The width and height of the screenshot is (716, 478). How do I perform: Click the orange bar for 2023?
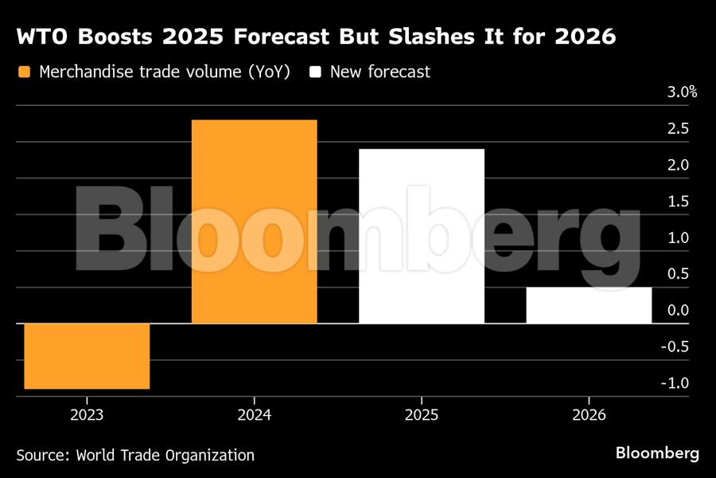[x=87, y=356]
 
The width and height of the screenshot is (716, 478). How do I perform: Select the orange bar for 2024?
[x=255, y=221]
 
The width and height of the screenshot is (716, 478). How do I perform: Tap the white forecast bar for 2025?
[x=422, y=236]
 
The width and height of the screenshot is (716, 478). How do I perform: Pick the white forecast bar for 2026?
[x=589, y=305]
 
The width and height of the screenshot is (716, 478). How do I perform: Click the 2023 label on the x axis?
[x=87, y=415]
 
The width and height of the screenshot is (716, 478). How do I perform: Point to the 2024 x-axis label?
[x=255, y=415]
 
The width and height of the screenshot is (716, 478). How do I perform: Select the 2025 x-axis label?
[x=422, y=415]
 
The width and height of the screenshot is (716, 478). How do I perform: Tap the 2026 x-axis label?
[x=589, y=415]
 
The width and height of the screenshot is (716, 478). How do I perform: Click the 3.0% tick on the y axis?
[x=682, y=92]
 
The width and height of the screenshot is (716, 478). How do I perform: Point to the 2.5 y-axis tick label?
[x=679, y=129]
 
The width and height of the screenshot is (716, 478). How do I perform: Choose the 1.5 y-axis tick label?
[x=679, y=202]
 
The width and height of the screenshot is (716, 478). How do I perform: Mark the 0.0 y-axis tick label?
[x=679, y=310]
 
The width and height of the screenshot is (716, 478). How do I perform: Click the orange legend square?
[x=24, y=72]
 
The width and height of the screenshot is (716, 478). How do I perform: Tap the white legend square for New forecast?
[x=316, y=72]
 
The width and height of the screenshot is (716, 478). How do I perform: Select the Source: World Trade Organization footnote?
[x=135, y=456]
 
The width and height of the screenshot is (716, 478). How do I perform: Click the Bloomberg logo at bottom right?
[x=657, y=453]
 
